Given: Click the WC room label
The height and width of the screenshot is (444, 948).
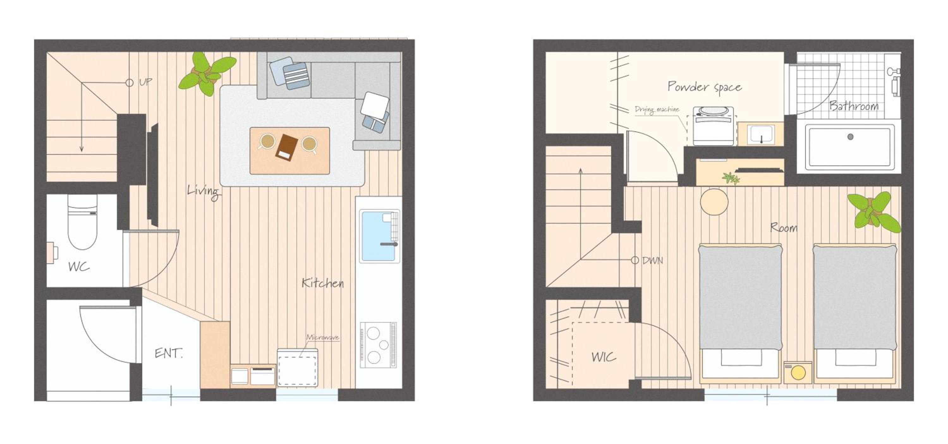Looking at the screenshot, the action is click(79, 267).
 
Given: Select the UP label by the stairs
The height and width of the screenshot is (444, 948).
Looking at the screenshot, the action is click(146, 82).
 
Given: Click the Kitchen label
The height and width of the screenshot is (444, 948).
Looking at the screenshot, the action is click(323, 283).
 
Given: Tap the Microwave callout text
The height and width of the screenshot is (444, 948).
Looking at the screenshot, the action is click(323, 337).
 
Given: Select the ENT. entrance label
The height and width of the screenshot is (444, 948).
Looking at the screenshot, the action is click(168, 353).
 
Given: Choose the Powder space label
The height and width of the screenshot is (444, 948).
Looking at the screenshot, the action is click(704, 87).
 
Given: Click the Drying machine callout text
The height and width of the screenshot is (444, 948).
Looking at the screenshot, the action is click(657, 110).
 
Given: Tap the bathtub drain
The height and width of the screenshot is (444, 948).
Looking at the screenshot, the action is click(850, 137).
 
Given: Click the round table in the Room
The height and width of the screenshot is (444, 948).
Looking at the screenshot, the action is click(714, 202).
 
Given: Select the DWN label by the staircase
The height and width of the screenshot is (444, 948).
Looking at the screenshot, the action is click(653, 261).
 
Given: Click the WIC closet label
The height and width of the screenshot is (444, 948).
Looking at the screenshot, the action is click(604, 357).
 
